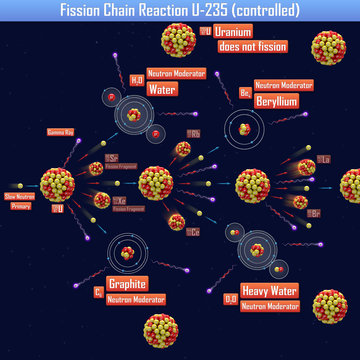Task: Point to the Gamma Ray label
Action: pos(61,132)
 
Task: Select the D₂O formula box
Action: pos(230,297)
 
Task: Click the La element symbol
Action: pos(323,159)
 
